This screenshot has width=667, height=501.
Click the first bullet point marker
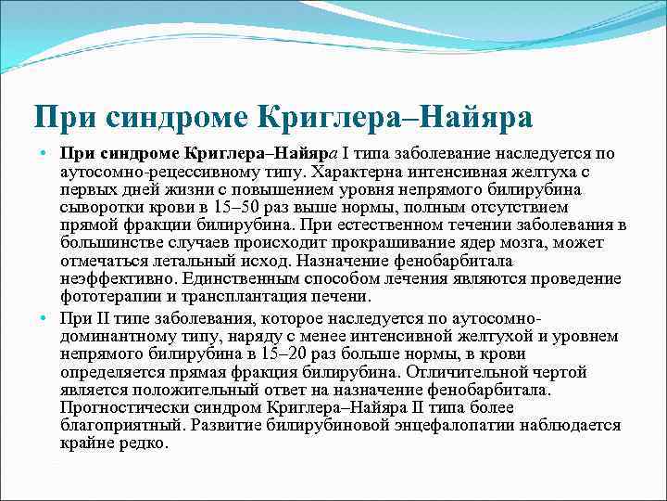pyautogui.click(x=44, y=152)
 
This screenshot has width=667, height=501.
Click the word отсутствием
pyautogui.click(x=520, y=208)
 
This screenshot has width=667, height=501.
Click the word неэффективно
pyautogui.click(x=118, y=278)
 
